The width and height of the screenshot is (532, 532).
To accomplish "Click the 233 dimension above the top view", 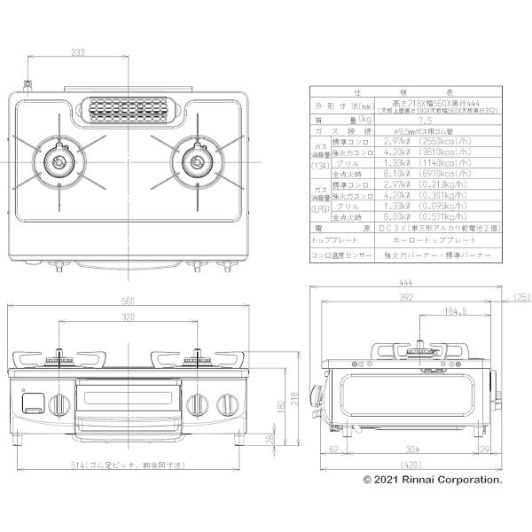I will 79,53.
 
